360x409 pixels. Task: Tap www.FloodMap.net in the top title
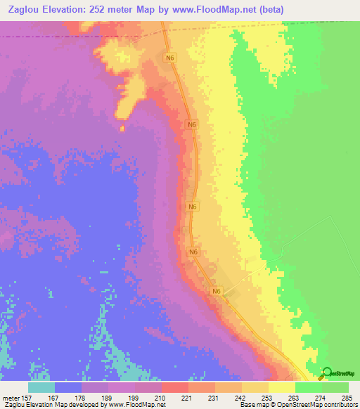[x=216, y=10]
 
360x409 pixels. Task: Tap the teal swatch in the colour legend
[x=41, y=388]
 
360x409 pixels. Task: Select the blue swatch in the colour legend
[x=68, y=388]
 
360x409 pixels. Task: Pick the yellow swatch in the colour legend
[x=282, y=388]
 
